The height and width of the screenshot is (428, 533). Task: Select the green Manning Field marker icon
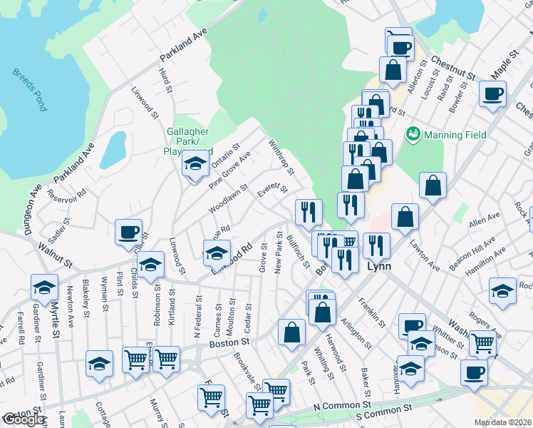click(x=412, y=133)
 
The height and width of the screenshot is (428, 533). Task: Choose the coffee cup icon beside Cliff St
click(x=129, y=232)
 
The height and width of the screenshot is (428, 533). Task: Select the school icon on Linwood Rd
click(x=217, y=253)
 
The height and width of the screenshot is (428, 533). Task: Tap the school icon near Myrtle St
click(x=44, y=288)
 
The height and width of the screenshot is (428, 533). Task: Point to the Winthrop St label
click(x=281, y=157)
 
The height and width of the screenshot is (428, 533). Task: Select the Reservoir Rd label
click(x=66, y=193)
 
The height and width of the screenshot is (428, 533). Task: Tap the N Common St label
click(x=339, y=405)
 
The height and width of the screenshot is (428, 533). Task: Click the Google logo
click(x=24, y=420)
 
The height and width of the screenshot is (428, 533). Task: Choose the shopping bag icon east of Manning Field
click(x=433, y=186)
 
